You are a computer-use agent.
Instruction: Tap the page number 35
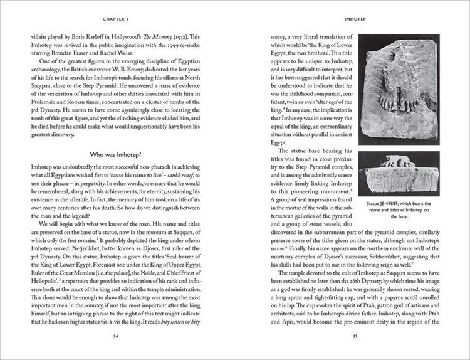tap(355, 336)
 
